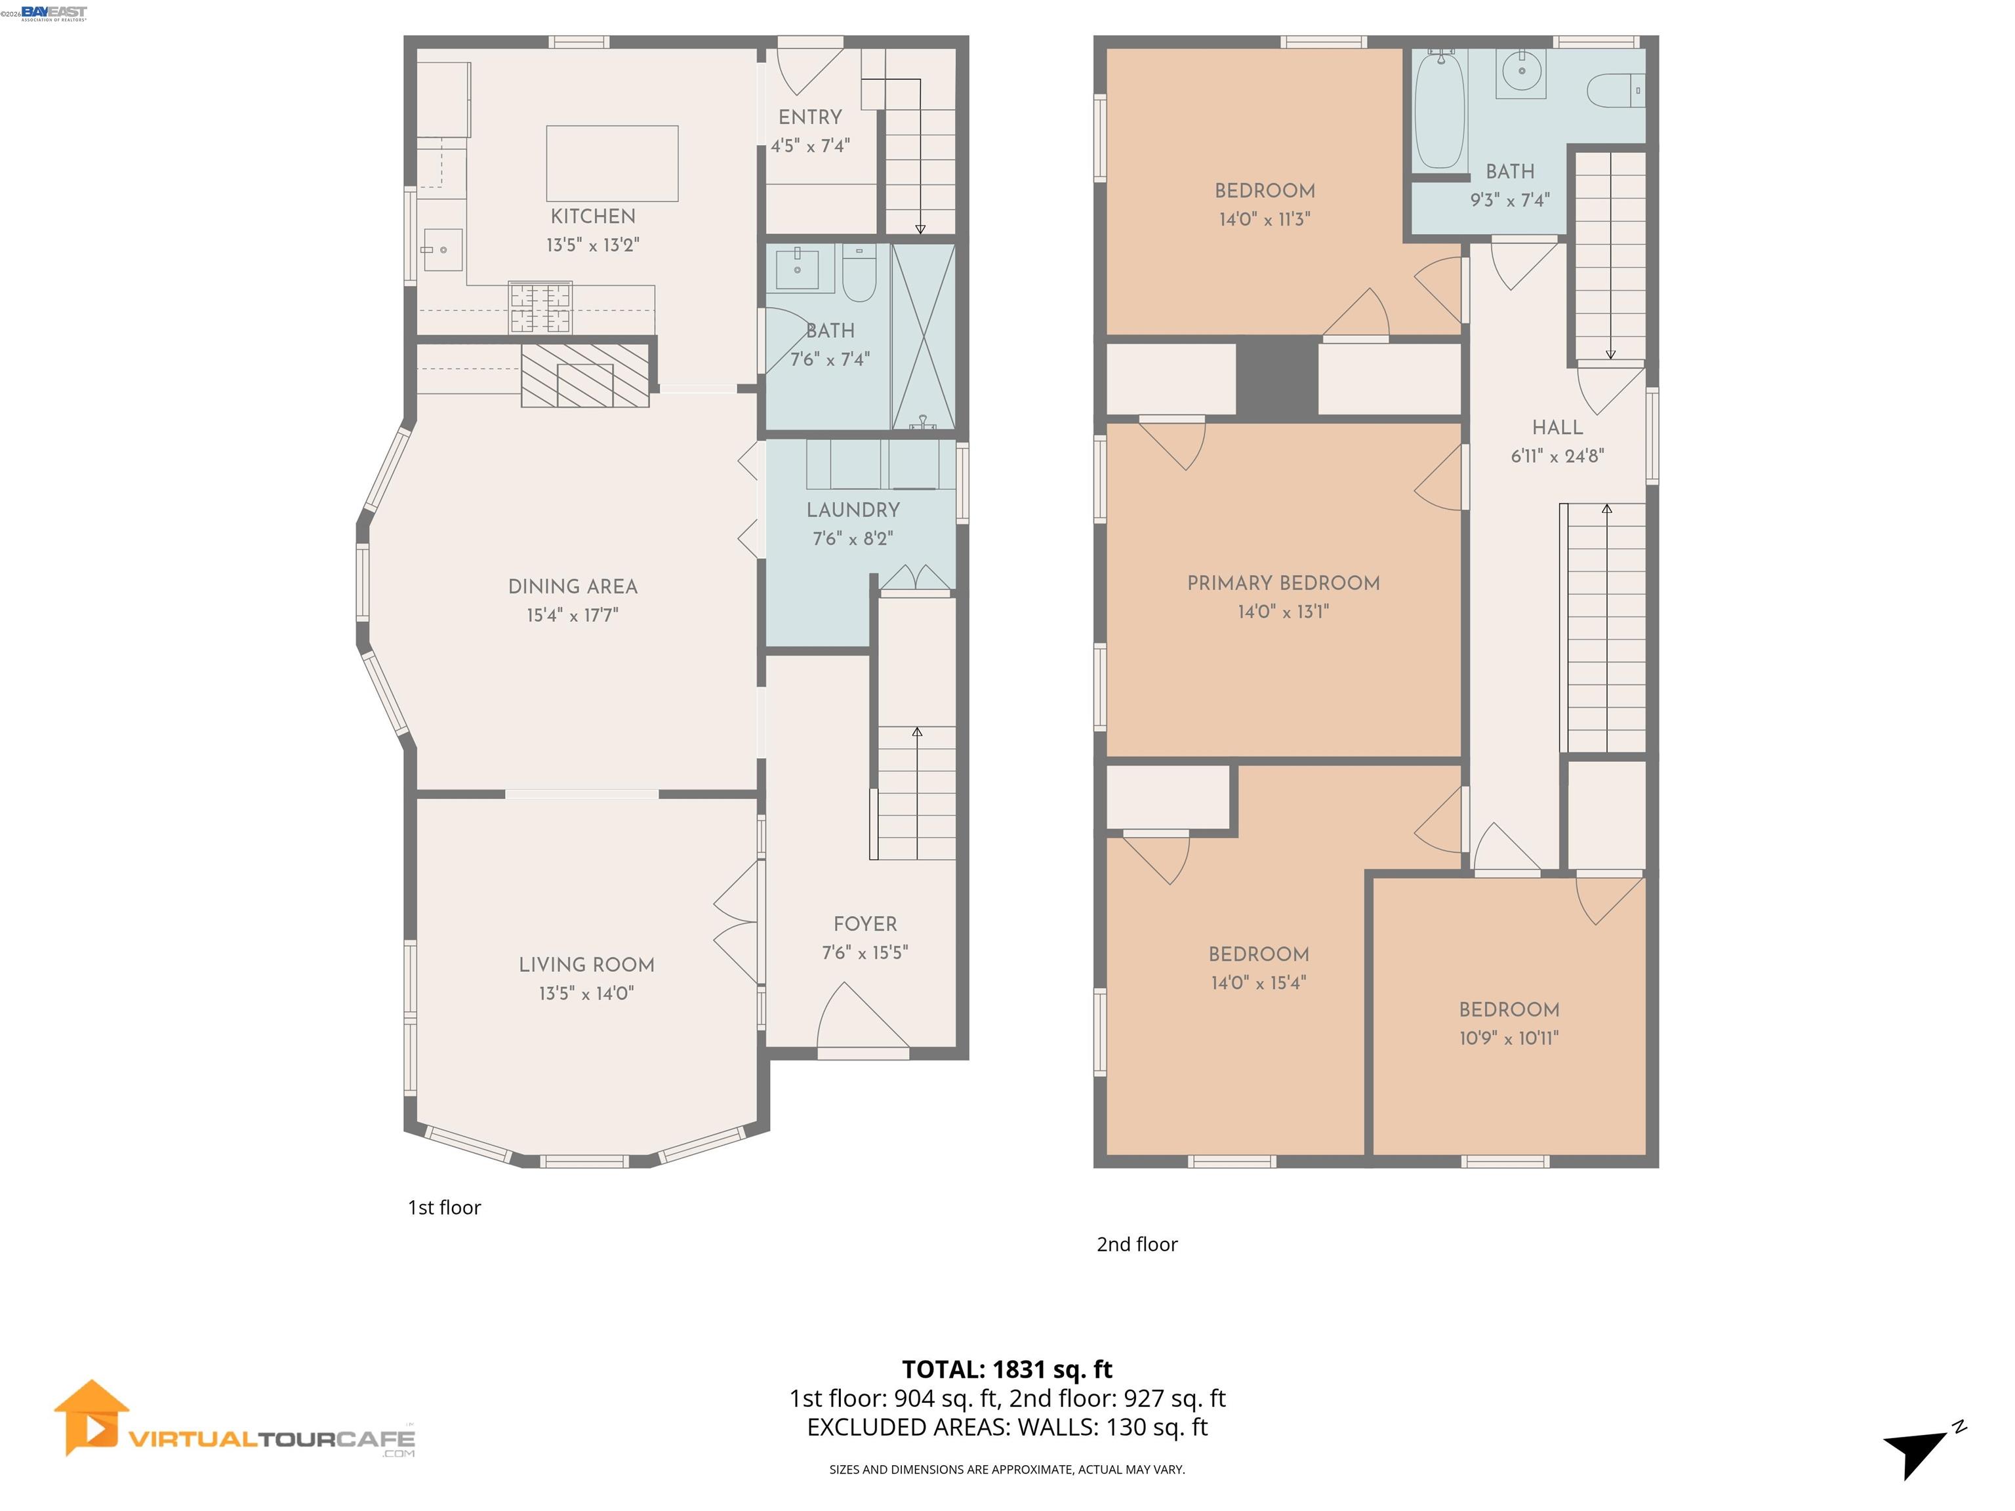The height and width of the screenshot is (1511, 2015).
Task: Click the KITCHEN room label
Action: pyautogui.click(x=593, y=217)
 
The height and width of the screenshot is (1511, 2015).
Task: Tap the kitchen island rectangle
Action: pyautogui.click(x=612, y=163)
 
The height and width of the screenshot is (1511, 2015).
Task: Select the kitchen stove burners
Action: pyautogui.click(x=540, y=308)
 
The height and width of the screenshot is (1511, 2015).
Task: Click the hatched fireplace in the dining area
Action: pyautogui.click(x=585, y=375)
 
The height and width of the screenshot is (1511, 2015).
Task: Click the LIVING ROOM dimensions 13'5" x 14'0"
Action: pyautogui.click(x=586, y=994)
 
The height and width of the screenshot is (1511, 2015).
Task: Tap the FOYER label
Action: pyautogui.click(x=865, y=925)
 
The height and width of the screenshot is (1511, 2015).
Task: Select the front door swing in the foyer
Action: pyautogui.click(x=862, y=1019)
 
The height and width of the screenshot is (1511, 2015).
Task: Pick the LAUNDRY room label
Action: pyautogui.click(x=853, y=510)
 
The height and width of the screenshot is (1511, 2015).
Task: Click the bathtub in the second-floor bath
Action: pyautogui.click(x=1440, y=110)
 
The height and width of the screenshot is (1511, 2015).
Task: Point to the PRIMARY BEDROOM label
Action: pyautogui.click(x=1284, y=584)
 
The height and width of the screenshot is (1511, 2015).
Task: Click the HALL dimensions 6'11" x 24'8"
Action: pyautogui.click(x=1558, y=456)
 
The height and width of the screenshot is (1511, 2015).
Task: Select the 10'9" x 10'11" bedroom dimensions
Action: pyautogui.click(x=1509, y=1038)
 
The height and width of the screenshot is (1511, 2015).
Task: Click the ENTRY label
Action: pyautogui.click(x=810, y=117)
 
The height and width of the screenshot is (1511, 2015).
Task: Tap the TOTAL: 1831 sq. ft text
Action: pyautogui.click(x=1007, y=1370)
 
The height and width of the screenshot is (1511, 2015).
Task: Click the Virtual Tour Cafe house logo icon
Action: pyautogui.click(x=91, y=1418)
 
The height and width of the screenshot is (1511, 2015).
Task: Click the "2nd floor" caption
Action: pyautogui.click(x=1137, y=1245)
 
